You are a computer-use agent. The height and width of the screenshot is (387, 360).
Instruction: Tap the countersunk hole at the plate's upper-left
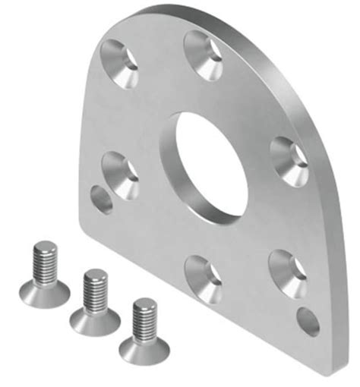point(124,64)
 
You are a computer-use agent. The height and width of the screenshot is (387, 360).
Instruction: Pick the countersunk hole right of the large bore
point(289,161)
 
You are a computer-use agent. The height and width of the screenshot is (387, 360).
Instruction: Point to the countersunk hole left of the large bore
point(121,174)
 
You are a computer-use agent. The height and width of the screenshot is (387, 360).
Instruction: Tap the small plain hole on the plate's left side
point(102,200)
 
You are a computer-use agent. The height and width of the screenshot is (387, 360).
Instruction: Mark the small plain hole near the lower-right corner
point(308,322)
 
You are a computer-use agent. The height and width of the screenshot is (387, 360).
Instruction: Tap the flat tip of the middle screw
point(95,274)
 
